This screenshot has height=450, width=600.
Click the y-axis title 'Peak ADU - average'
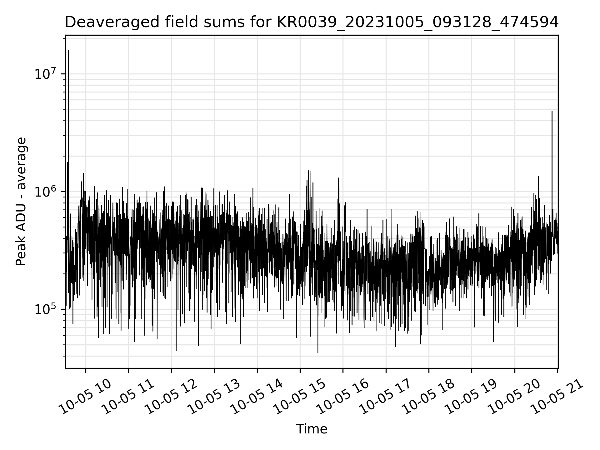click(21, 202)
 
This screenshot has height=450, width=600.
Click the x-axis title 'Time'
click(312, 429)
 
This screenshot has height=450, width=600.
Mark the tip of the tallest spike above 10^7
click(68, 50)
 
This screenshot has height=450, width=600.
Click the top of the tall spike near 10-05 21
click(552, 112)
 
